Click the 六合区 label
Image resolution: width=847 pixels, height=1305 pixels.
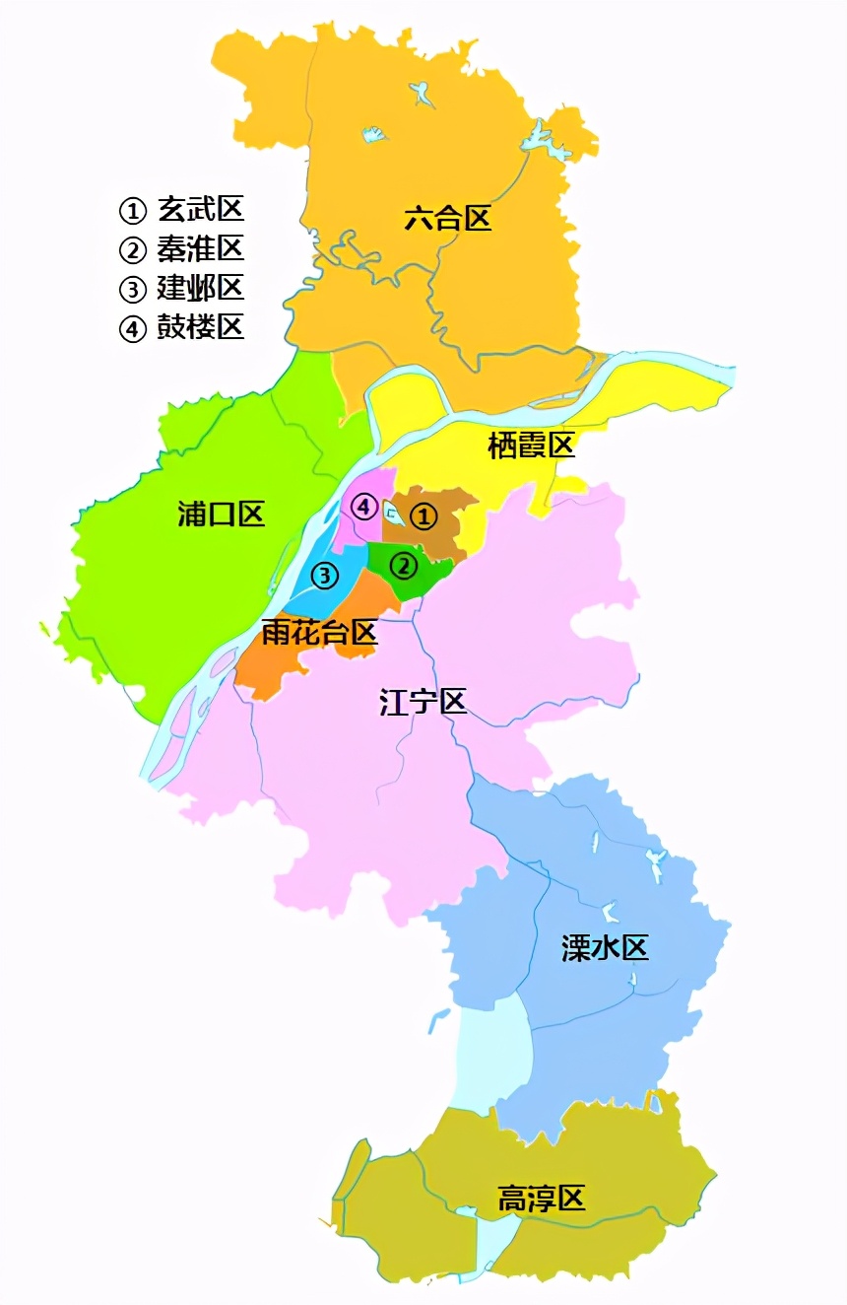(x=447, y=218)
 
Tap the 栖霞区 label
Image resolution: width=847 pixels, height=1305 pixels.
(x=531, y=446)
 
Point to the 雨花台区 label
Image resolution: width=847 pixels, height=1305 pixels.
(x=320, y=632)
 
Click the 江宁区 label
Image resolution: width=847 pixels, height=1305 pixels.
(x=423, y=702)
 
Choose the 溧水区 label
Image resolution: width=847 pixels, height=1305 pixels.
(x=605, y=948)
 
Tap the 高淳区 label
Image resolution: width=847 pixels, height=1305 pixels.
(x=541, y=1199)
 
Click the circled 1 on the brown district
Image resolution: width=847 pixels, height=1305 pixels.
(x=423, y=515)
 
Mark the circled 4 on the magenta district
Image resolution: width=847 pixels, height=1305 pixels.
(x=364, y=507)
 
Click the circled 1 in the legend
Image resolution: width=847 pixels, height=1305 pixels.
(x=132, y=210)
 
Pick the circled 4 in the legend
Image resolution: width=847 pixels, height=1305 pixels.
(x=132, y=328)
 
